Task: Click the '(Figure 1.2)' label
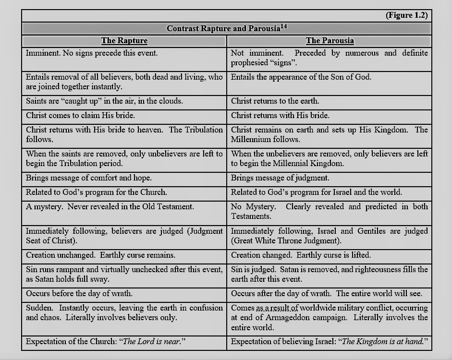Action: [x=406, y=15]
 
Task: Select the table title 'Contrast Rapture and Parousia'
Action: [x=223, y=28]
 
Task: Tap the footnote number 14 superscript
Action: [x=283, y=26]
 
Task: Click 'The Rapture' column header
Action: [x=124, y=41]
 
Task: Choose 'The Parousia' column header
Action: [x=330, y=41]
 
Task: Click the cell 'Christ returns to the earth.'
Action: [x=275, y=101]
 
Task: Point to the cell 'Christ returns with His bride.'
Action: [x=280, y=116]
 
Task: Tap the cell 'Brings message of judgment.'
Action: [x=280, y=178]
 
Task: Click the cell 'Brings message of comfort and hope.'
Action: [x=88, y=178]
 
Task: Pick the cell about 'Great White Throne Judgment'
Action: [x=329, y=236]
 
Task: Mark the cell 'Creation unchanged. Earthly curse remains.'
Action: [x=100, y=255]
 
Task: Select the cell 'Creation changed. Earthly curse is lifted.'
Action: [x=301, y=255]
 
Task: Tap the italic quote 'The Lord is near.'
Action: [x=154, y=342]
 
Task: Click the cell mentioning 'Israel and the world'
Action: [x=316, y=192]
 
